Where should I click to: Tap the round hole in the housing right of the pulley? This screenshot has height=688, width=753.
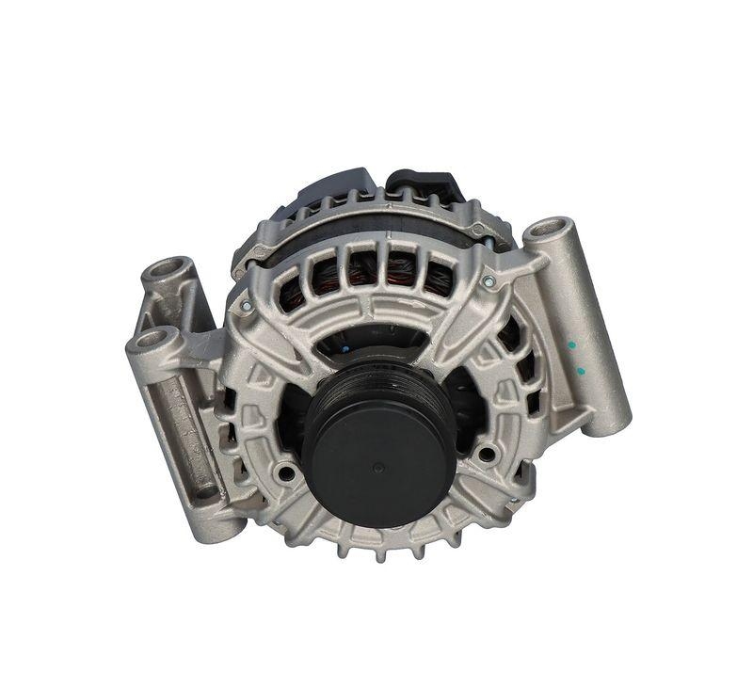pos(486,454)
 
